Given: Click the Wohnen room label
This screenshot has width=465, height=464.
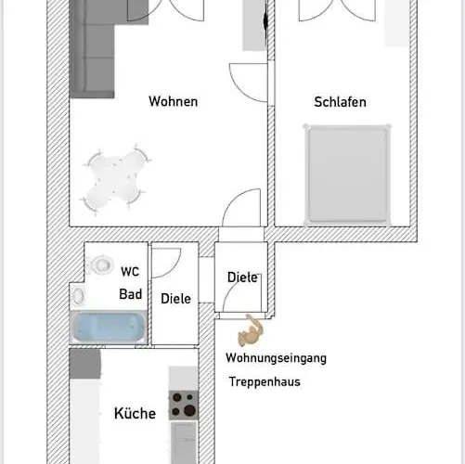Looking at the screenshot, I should [x=173, y=102].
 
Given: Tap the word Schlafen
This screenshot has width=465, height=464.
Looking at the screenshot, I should [x=340, y=102].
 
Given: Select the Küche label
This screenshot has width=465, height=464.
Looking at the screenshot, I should [x=135, y=414].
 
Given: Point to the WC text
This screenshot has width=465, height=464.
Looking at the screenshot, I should [x=130, y=272].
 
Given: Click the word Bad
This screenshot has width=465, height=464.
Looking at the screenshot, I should [x=130, y=294].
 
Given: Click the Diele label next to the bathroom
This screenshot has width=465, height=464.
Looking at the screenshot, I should [x=175, y=299].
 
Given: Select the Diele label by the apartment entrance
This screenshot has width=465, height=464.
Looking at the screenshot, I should [x=242, y=277].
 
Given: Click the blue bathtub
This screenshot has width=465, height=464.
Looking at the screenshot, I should [x=108, y=327].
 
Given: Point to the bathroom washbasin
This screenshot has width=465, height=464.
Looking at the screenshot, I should [x=79, y=296].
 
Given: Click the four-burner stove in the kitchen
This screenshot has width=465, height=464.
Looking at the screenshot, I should [x=183, y=406].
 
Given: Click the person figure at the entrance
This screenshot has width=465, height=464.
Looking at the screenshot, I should [x=252, y=329].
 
